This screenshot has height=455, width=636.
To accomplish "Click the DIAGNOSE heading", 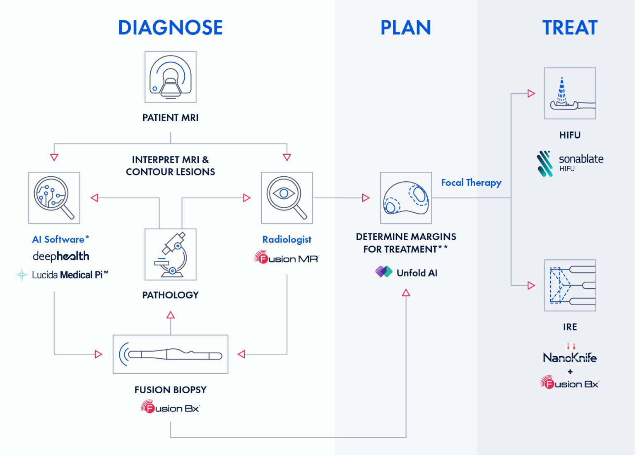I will tap(171, 28).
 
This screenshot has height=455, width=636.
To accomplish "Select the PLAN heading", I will tap(406, 28).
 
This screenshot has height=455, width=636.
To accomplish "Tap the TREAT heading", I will tap(570, 28).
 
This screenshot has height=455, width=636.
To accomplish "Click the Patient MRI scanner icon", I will tap(171, 77).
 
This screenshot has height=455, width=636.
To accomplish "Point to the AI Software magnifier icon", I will tap(54, 198).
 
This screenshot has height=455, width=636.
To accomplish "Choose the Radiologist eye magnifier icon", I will tap(287, 198).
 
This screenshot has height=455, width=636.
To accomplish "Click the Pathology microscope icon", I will tap(171, 254).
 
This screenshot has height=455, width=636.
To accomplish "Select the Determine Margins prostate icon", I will tap(406, 198).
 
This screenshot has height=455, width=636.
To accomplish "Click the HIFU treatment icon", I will tap(570, 93).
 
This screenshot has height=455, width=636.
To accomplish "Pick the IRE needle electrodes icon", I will tap(570, 285).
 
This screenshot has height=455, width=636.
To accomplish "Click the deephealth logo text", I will tap(61, 256).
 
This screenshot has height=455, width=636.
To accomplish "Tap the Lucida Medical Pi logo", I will tap(62, 275).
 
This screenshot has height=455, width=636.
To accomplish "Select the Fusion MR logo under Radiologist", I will tap(287, 258).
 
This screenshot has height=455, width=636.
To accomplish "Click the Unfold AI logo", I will tap(406, 273).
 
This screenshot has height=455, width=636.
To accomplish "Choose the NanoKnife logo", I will tap(570, 357).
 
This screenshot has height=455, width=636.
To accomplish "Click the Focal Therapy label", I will tap(471, 182).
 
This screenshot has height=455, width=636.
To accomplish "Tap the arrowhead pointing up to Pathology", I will tap(171, 315).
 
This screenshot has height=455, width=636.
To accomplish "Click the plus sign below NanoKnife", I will tap(570, 372).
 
